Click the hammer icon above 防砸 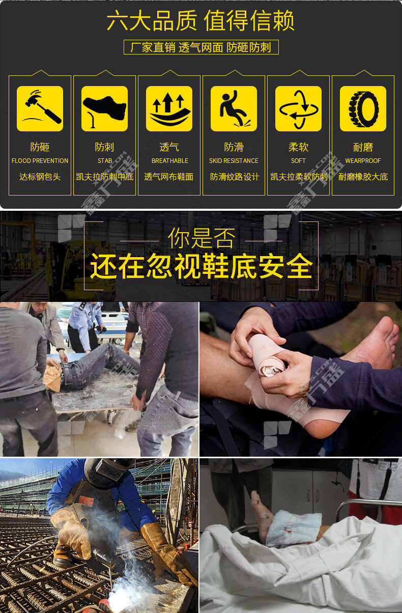point(40,108)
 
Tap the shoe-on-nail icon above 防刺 point(104,108)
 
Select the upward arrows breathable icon point(169,108)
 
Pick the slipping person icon point(234,108)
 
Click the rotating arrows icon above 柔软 point(298,108)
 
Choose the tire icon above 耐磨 point(363,108)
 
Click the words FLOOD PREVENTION point(40,161)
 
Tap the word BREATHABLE point(170,161)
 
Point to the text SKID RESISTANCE point(234,161)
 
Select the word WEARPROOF point(363,161)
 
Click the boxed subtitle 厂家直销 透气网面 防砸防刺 point(201,47)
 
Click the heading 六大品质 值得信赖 point(200,20)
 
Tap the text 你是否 point(202,238)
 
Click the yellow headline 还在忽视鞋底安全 point(202,266)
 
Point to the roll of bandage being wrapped point(266,356)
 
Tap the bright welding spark point(118,597)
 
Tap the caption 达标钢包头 point(40,177)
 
